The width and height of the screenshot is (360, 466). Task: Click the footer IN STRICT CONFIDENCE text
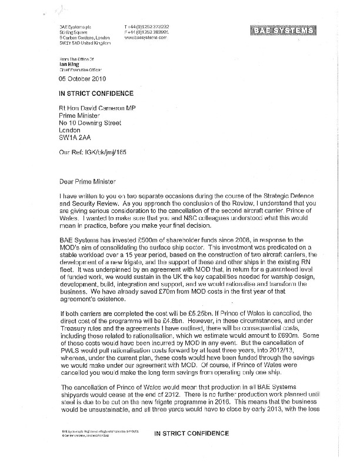pos(191,450)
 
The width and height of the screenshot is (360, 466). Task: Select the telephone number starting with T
pos(145,26)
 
